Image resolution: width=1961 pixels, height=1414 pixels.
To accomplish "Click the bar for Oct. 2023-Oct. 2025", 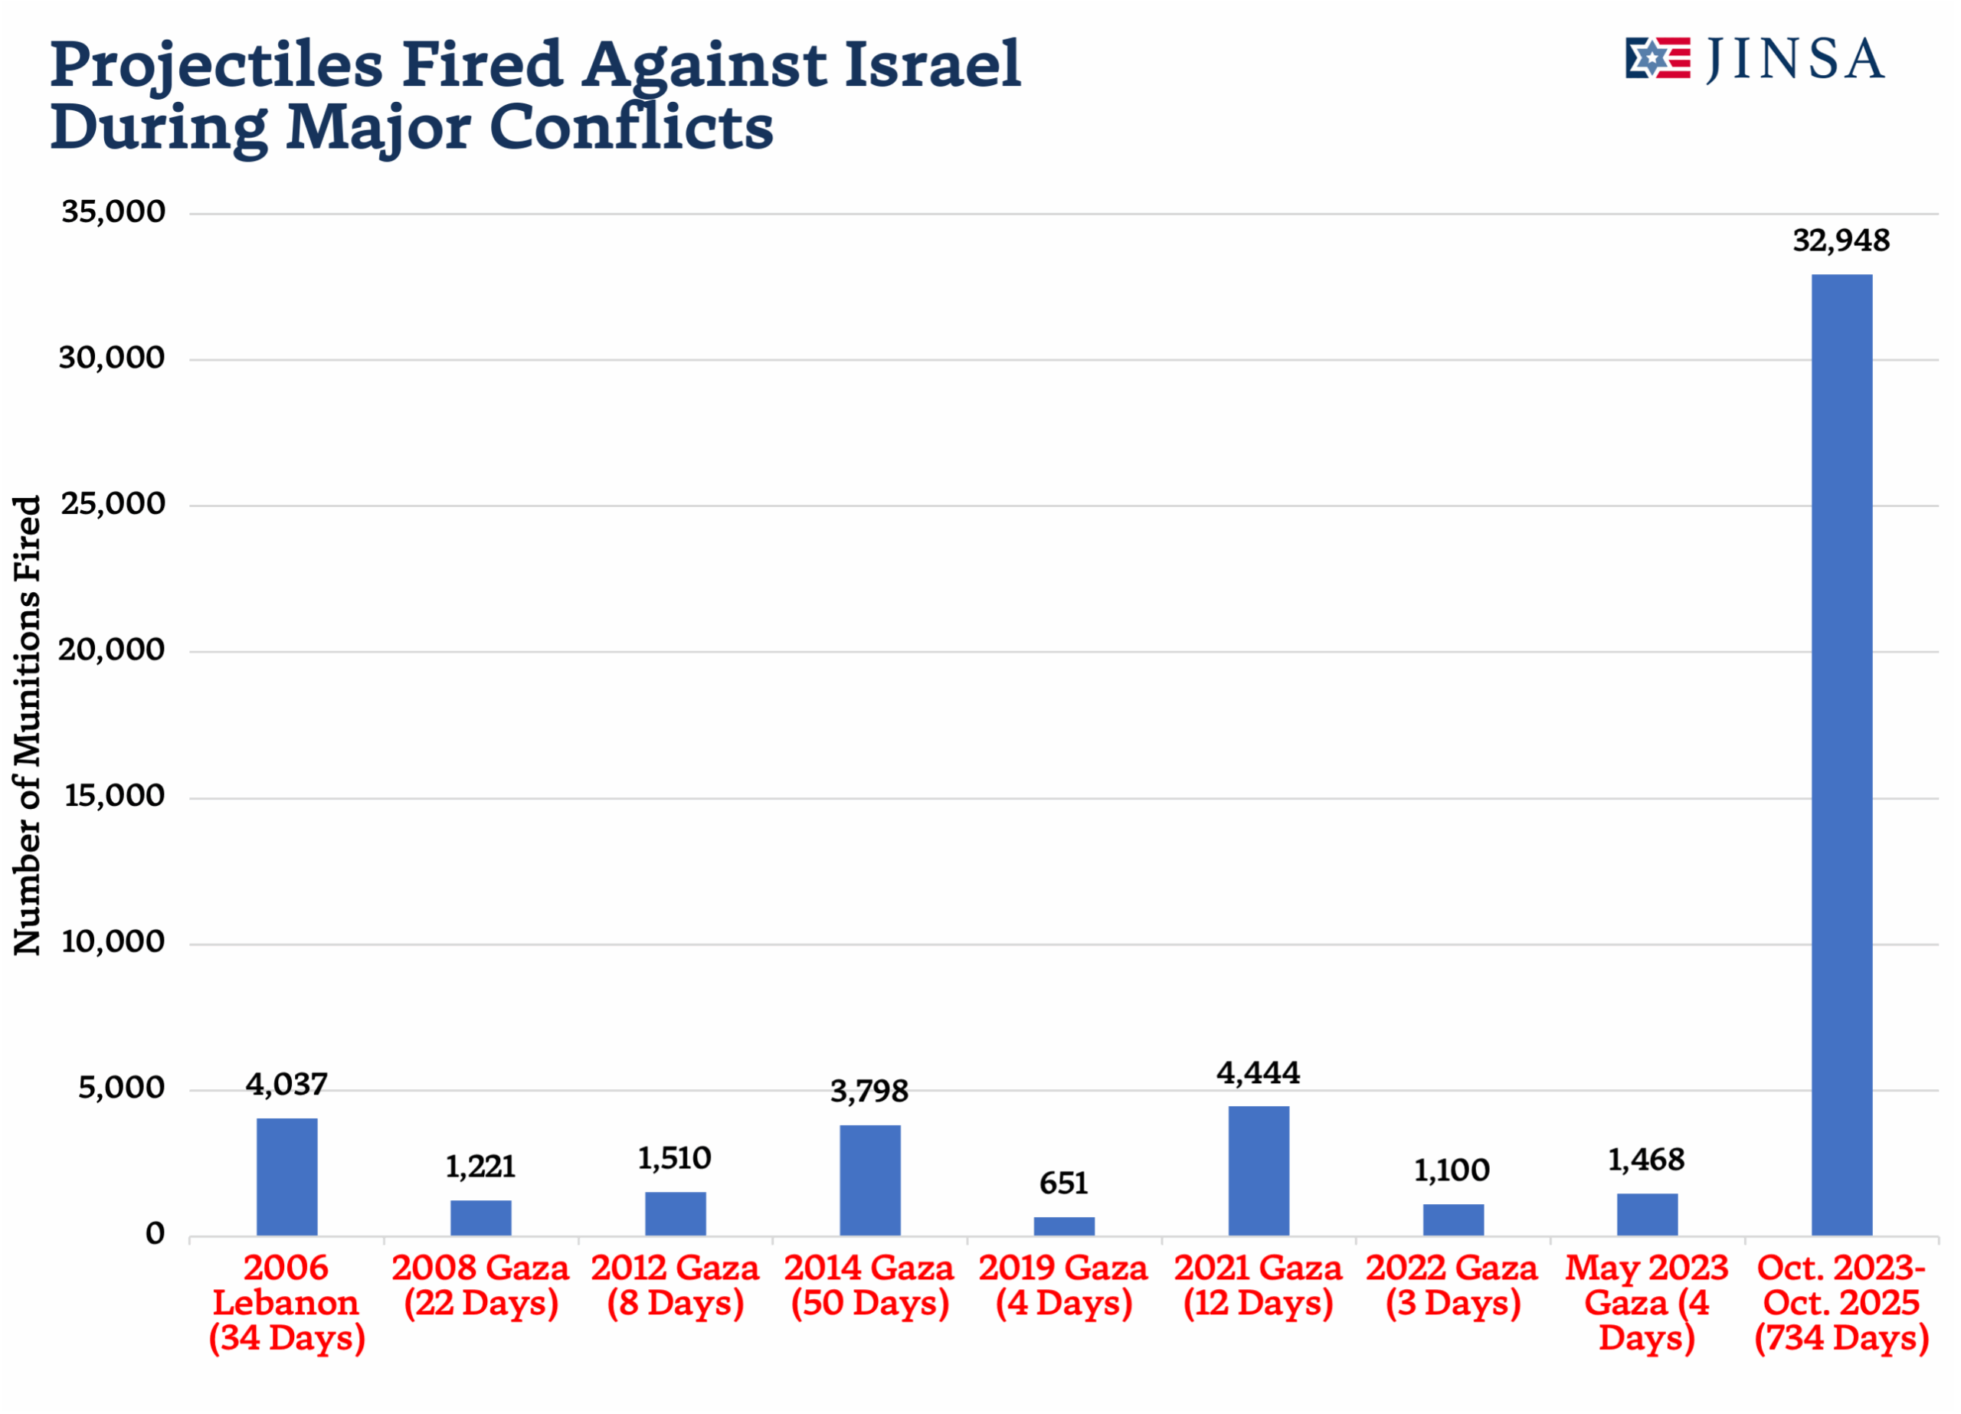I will pyautogui.click(x=1842, y=754).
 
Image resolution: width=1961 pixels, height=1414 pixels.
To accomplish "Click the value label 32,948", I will pyautogui.click(x=1841, y=241).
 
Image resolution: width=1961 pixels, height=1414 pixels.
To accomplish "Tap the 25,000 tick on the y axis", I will pyautogui.click(x=113, y=504).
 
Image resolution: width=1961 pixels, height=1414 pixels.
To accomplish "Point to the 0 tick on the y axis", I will pyautogui.click(x=155, y=1234).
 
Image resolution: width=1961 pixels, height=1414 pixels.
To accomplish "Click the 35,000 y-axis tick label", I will pyautogui.click(x=113, y=212).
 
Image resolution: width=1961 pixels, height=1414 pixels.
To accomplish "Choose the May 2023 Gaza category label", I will pyautogui.click(x=1646, y=1302).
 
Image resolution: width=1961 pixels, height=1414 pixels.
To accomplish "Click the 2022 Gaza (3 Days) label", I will pyautogui.click(x=1452, y=1286).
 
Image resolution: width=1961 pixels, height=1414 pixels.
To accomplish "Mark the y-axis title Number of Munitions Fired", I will pyautogui.click(x=28, y=725).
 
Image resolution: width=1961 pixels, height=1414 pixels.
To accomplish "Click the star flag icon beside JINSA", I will pyautogui.click(x=1657, y=59).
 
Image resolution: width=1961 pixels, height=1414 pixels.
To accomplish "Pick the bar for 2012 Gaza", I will pyautogui.click(x=676, y=1213).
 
